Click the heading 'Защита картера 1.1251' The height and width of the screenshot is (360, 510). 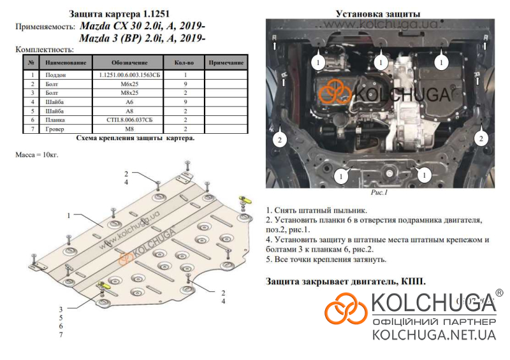pyautogui.click(x=119, y=14)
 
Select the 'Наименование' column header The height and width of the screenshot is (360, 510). pyautogui.click(x=66, y=62)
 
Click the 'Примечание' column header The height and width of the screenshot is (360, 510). pyautogui.click(x=226, y=62)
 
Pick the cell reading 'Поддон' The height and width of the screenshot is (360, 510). pyautogui.click(x=55, y=75)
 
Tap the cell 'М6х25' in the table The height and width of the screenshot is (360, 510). pyautogui.click(x=129, y=84)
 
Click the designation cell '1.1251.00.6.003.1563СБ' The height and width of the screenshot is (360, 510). pyautogui.click(x=129, y=75)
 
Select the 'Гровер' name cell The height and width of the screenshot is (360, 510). pyautogui.click(x=55, y=129)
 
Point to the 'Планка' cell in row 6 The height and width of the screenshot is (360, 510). pyautogui.click(x=55, y=120)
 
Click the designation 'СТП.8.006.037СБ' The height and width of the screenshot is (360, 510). pyautogui.click(x=129, y=120)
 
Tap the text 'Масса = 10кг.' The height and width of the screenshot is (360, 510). pyautogui.click(x=37, y=155)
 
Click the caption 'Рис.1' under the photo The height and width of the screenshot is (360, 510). pyautogui.click(x=379, y=192)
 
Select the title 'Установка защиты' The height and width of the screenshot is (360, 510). pyautogui.click(x=378, y=14)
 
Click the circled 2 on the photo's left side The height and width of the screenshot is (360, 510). pyautogui.click(x=280, y=140)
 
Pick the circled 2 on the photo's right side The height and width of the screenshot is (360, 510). pyautogui.click(x=481, y=139)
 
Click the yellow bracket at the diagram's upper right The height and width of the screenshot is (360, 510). pyautogui.click(x=245, y=199)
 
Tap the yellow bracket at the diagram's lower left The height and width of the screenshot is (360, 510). pyautogui.click(x=104, y=285)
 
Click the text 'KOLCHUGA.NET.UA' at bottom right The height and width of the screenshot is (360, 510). pyautogui.click(x=434, y=335)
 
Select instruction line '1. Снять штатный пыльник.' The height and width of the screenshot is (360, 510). pyautogui.click(x=316, y=210)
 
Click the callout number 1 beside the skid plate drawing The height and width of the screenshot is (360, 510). pyautogui.click(x=69, y=215)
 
